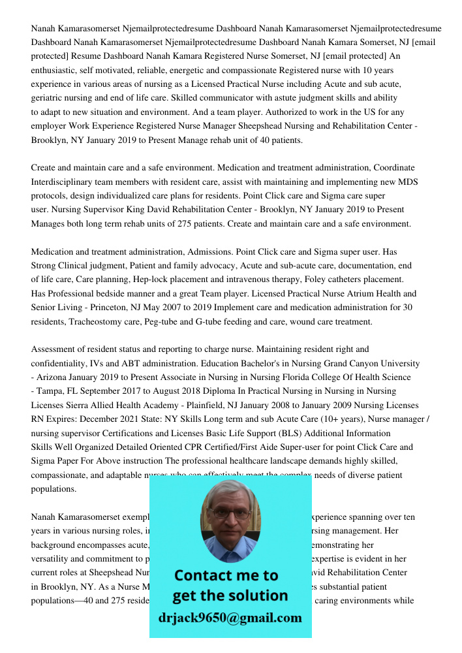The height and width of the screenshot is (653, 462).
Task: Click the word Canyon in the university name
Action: (341, 363)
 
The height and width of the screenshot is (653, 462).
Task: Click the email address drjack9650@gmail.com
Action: (230, 618)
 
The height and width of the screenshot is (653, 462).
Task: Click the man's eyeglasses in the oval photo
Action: (230, 513)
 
